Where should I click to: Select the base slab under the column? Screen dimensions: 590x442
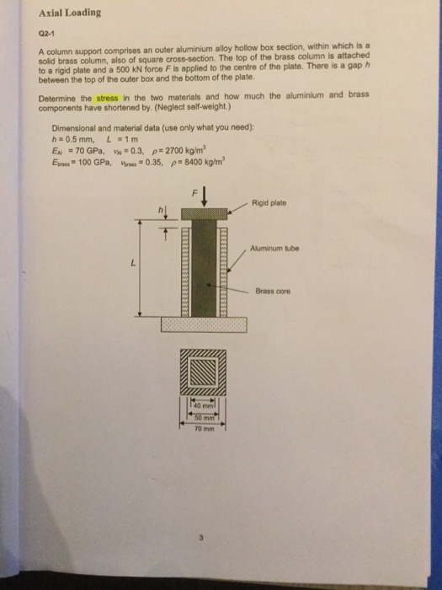(x=202, y=325)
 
